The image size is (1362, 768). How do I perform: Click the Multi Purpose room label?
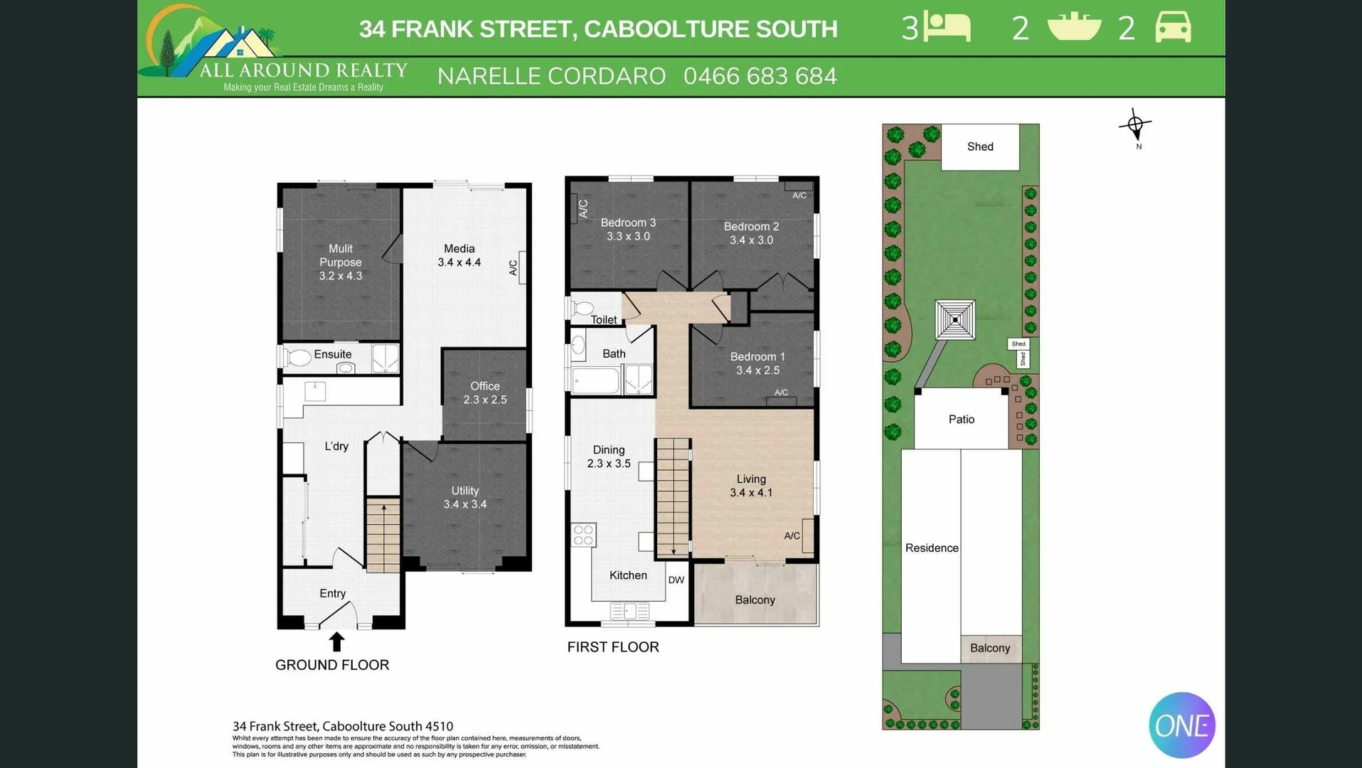point(340,262)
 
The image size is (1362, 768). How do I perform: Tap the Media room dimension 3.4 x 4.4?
point(459,262)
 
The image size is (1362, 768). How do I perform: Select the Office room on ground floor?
point(484,393)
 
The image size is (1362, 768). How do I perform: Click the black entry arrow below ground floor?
point(336,641)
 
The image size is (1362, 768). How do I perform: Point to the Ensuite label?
point(332,354)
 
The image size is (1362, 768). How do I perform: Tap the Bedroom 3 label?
point(628,223)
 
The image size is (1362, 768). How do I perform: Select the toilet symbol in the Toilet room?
point(582,308)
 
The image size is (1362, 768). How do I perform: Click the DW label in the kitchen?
point(676,580)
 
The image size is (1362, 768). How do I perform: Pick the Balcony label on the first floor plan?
point(755,600)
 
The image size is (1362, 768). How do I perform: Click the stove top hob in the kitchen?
point(583,535)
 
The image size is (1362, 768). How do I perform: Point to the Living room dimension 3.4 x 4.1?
point(751,493)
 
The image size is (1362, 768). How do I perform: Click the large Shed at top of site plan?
point(979,146)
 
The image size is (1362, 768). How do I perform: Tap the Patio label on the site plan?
point(961,420)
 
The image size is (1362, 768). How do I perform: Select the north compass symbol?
point(1135,126)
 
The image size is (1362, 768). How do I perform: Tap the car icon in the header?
point(1172,28)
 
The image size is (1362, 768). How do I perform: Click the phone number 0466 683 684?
point(760,76)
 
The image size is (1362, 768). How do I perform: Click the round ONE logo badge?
point(1181,725)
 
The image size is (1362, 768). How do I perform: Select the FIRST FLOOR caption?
point(612,647)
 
